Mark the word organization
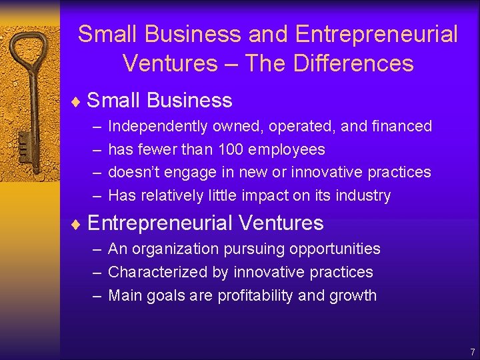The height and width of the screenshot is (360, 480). pyautogui.click(x=174, y=249)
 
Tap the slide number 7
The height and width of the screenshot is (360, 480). pyautogui.click(x=472, y=351)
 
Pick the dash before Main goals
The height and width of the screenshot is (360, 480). pyautogui.click(x=97, y=295)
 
